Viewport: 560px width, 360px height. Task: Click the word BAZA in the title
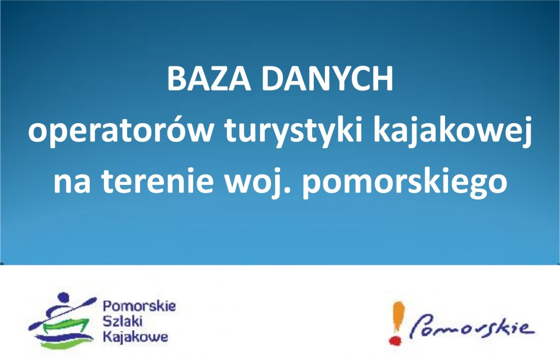coord(209,78)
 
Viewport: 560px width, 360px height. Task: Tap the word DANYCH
coord(327,78)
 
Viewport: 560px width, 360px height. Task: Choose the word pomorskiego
coord(405,182)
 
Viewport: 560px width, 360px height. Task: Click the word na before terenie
coord(72,183)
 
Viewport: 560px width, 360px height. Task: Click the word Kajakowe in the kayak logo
coord(135,337)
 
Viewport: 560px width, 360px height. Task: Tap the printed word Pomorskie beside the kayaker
coord(139,306)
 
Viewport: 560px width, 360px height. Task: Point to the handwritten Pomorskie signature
coord(472,327)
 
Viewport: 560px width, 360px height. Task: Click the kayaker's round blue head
coord(63,297)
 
